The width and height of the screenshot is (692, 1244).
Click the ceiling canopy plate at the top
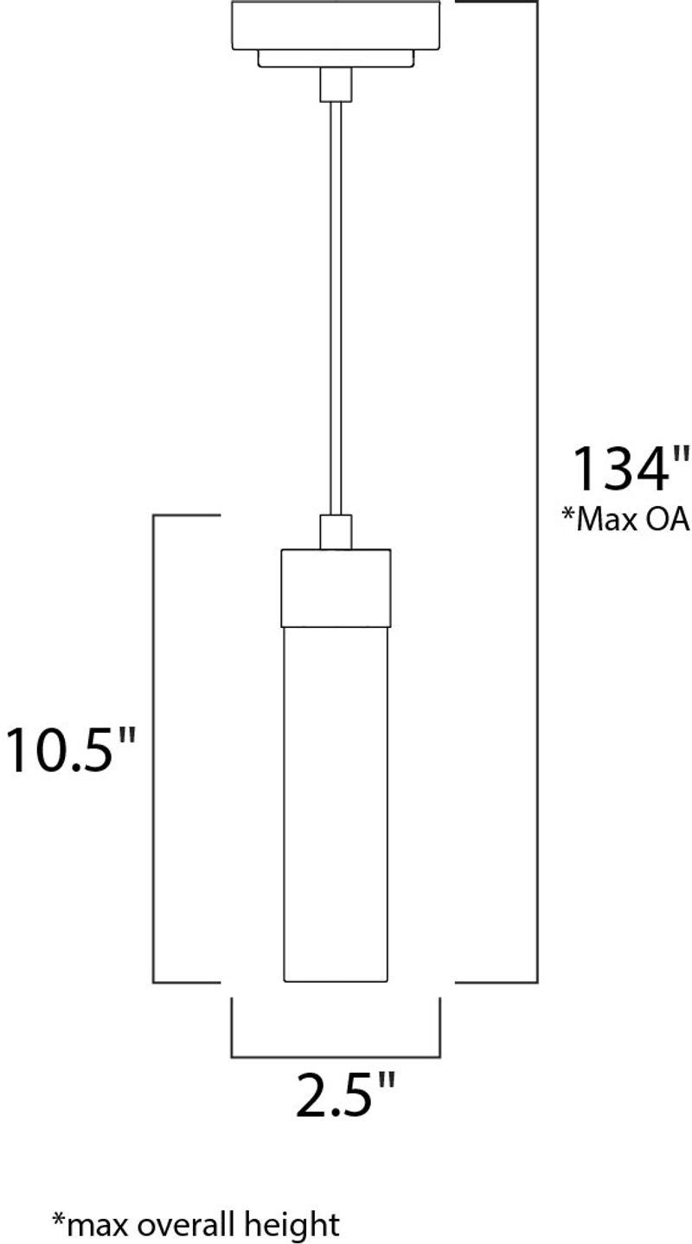[x=336, y=25]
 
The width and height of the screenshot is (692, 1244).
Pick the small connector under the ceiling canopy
[x=336, y=85]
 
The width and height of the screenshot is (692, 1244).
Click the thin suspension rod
[x=336, y=303]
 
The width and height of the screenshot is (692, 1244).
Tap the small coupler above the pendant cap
[x=336, y=531]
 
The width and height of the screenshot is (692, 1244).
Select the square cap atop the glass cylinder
[x=336, y=587]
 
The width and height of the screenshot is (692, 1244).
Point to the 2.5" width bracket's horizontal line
[x=336, y=1056]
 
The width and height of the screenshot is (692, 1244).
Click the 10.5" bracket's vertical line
[x=154, y=748]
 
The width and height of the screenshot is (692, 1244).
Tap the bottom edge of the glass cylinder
[x=336, y=982]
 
